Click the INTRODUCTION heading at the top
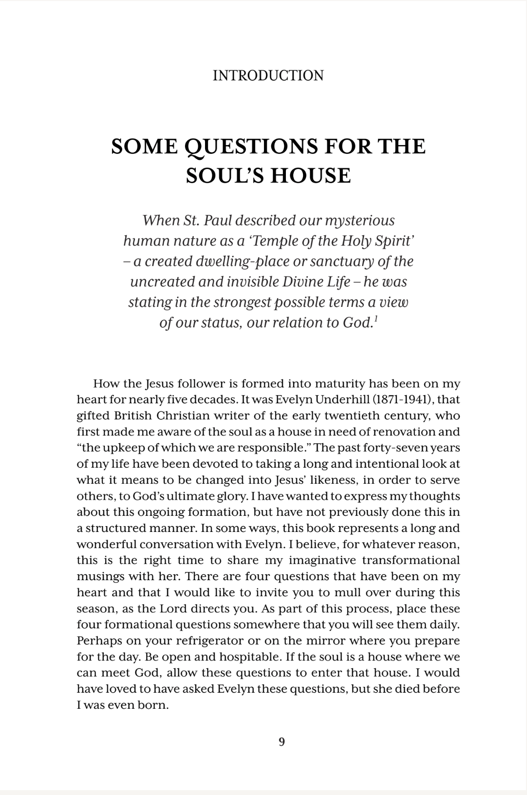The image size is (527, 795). (x=268, y=76)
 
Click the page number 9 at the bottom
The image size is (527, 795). (x=282, y=742)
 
